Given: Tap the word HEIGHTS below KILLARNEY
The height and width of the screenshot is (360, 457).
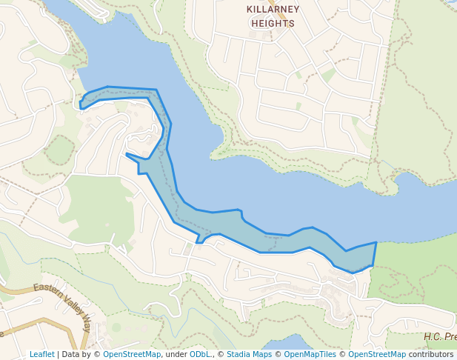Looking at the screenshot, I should coord(273,24).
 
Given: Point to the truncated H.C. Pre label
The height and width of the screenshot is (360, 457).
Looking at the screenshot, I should coord(439,337).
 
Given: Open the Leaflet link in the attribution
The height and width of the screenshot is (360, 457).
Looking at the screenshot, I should coord(41,354).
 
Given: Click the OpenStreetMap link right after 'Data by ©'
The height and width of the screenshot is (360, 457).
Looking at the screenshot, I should coord(132,354).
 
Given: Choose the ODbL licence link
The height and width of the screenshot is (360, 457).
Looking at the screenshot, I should coord(199,354).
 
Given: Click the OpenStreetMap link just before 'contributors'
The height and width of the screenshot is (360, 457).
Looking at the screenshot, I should coord(377,354).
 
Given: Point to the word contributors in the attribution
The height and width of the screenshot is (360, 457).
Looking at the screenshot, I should coord(431,354).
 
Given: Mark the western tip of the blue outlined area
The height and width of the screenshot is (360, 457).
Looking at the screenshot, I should coord(81,104).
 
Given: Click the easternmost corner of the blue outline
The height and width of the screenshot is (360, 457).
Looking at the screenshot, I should coord(376,242).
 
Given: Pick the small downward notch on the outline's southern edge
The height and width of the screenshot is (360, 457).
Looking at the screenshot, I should coord(199,241).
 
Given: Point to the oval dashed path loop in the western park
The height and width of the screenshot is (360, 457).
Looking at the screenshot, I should coord(59,150).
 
